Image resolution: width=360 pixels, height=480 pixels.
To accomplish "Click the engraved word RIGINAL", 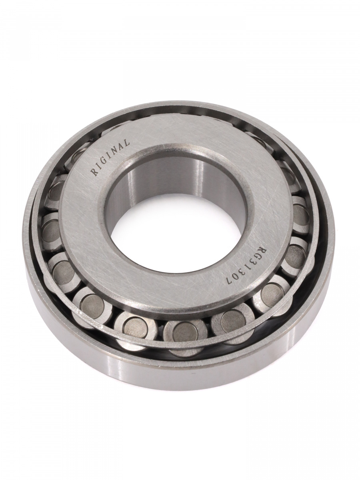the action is coord(111,157).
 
